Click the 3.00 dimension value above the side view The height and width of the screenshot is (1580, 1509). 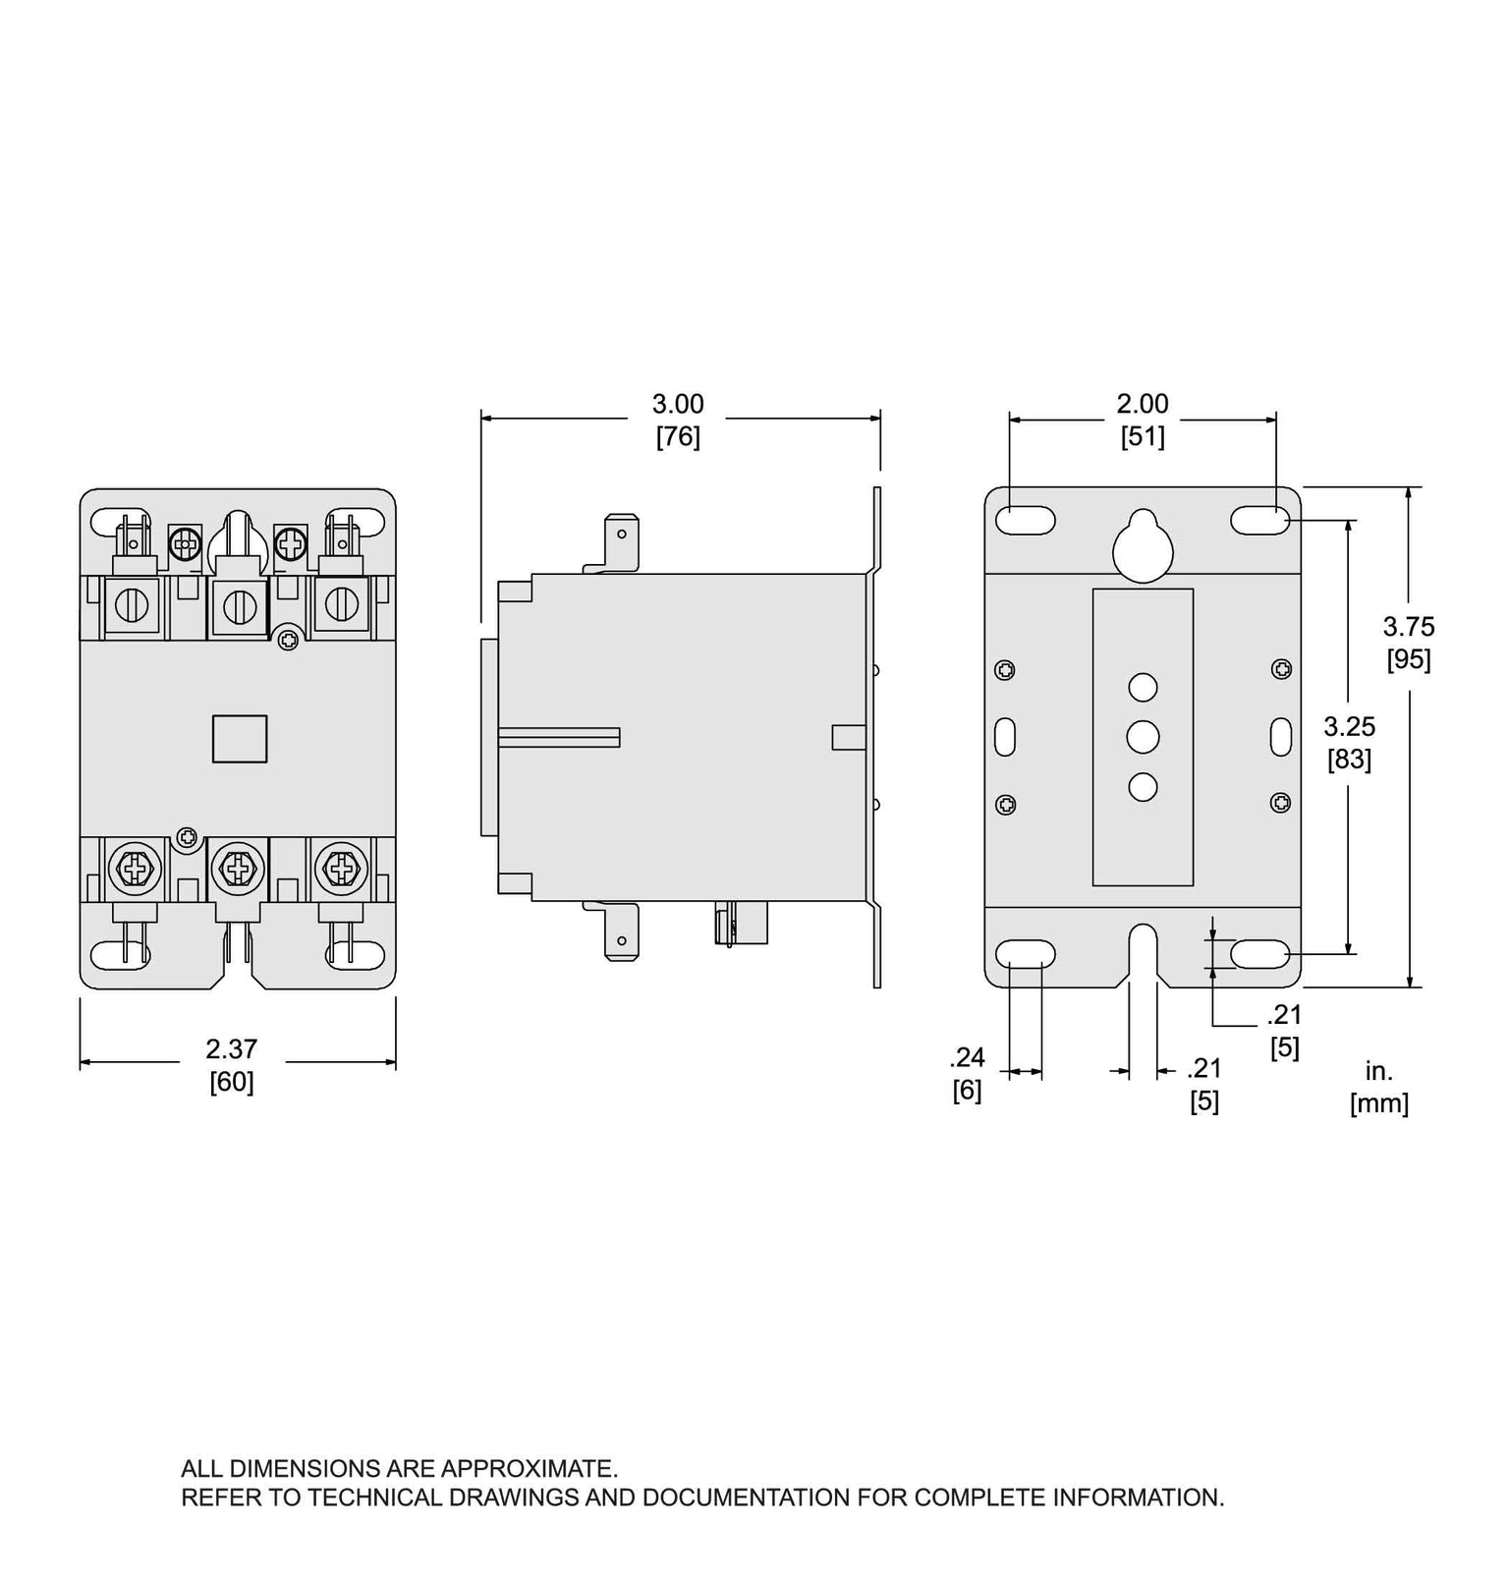point(678,404)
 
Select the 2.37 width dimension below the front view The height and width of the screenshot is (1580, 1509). point(231,1048)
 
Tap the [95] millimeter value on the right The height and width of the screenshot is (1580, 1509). point(1408,659)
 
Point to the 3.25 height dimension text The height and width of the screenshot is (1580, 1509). point(1349,726)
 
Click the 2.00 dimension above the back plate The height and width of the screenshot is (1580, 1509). point(1143,404)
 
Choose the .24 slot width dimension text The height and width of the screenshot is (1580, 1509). point(967,1057)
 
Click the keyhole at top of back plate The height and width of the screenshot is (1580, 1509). point(1143,545)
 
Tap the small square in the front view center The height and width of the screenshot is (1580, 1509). point(240,738)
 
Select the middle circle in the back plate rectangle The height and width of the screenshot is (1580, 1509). point(1143,737)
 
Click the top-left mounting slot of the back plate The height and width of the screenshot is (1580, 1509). point(1026,521)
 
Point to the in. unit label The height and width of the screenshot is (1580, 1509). point(1378,1070)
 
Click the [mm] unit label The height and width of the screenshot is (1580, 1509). point(1378,1102)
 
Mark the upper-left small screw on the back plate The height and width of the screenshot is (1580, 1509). point(1004,670)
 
